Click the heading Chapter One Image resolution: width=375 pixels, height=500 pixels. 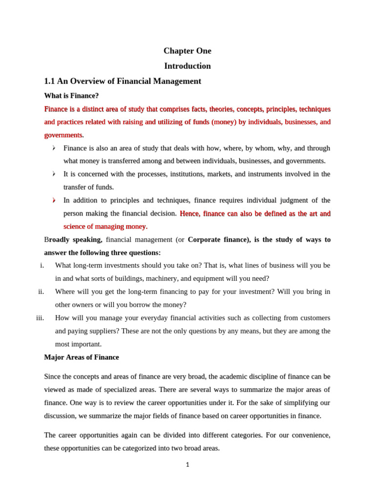coord(187,51)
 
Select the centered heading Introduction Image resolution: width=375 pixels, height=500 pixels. coord(187,66)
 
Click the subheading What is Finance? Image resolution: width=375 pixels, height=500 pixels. coord(71,95)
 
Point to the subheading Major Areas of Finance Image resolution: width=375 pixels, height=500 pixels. coord(81,357)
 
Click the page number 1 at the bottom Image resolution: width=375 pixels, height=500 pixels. coord(187,465)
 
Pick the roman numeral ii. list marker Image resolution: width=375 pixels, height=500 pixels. coord(41,292)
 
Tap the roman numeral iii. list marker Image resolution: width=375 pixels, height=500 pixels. coord(40,318)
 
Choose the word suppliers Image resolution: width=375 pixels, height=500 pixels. coord(93,331)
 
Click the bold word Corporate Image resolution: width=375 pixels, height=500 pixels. coord(207,240)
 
